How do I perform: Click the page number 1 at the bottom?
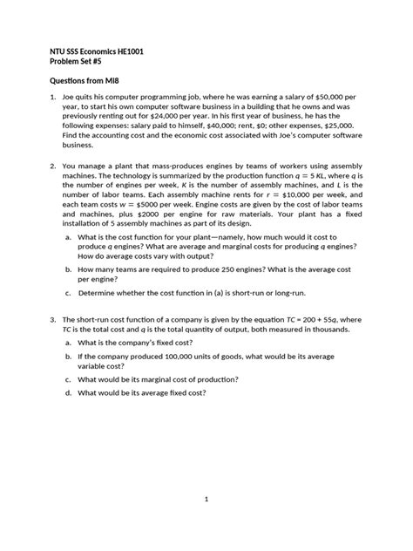point(206,499)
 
